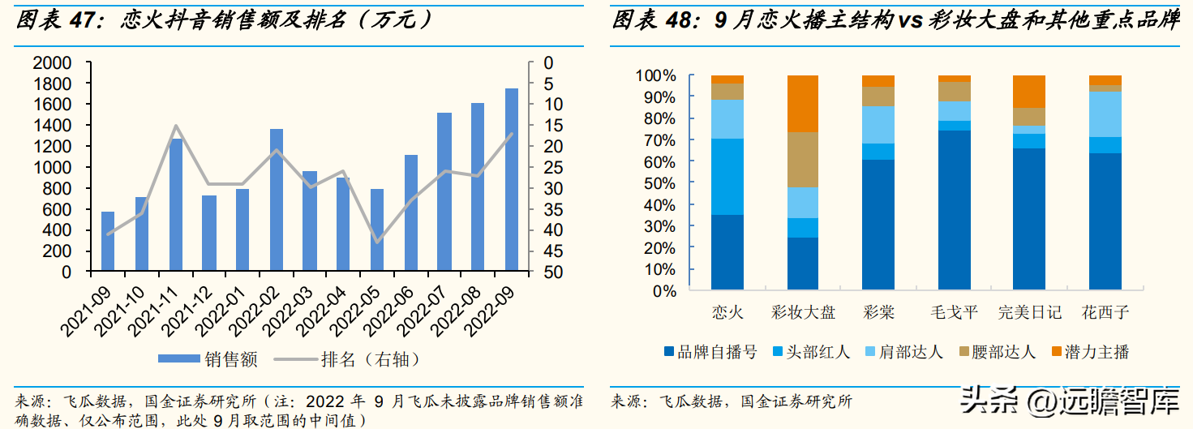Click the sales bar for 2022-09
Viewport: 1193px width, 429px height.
point(512,179)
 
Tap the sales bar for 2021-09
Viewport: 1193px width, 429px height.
point(108,241)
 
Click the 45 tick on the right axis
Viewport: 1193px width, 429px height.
point(544,251)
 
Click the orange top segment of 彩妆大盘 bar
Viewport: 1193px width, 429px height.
point(804,104)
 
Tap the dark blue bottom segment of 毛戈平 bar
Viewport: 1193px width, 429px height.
point(955,210)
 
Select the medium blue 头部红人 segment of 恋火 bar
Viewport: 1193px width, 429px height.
point(727,177)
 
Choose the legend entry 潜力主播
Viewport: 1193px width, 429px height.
point(1094,352)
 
